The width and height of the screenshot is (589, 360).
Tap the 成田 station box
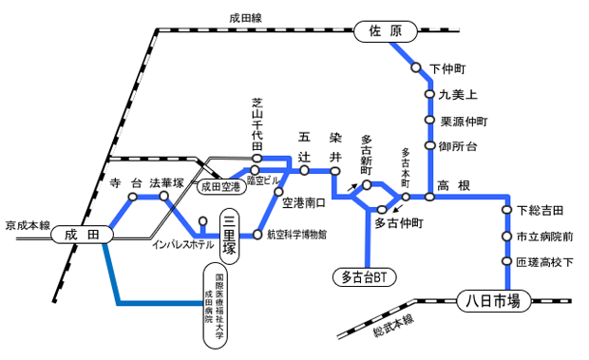(x=82, y=233)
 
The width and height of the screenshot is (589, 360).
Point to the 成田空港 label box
(x=221, y=187)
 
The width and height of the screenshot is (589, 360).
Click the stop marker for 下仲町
(x=415, y=68)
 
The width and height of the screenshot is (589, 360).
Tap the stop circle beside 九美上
(x=429, y=95)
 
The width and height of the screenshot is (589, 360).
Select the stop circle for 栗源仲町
(x=429, y=122)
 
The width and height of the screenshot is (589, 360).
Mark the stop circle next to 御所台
(x=429, y=146)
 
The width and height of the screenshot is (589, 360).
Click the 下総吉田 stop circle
(x=507, y=209)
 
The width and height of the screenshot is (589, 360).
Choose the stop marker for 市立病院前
(x=507, y=236)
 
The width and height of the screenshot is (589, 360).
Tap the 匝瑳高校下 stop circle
(x=507, y=260)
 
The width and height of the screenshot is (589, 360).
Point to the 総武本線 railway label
(x=395, y=324)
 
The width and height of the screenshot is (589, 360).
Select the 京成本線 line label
(x=27, y=226)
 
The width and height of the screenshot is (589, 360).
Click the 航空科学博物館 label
(x=296, y=234)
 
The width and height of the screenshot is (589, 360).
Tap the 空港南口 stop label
(x=304, y=202)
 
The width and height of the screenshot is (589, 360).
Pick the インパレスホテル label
(x=183, y=245)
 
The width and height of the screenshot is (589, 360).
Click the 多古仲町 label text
(x=399, y=224)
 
